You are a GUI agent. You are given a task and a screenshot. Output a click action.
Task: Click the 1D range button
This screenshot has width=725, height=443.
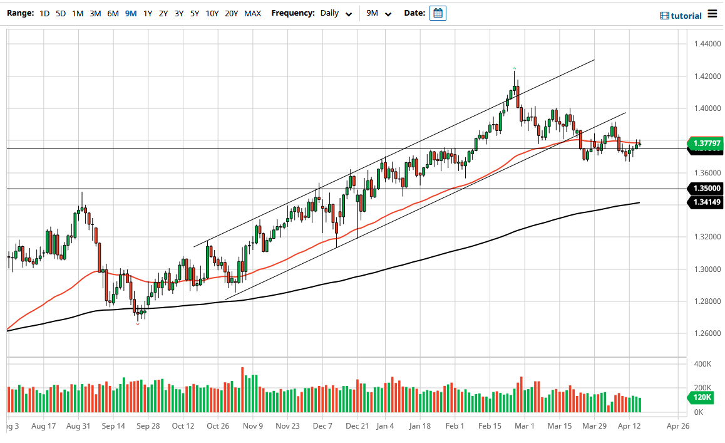click(44, 13)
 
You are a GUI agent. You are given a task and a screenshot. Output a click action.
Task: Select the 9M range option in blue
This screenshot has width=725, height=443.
click(130, 13)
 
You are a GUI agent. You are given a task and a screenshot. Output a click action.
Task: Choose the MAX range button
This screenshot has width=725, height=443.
click(253, 13)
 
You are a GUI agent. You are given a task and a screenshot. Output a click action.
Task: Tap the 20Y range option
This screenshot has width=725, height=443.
click(231, 13)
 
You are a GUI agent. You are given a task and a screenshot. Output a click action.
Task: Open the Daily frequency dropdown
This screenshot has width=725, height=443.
click(336, 13)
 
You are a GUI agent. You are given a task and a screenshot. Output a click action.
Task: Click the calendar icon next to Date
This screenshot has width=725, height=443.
click(438, 13)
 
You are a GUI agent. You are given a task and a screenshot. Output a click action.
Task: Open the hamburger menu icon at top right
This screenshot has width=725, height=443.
click(712, 13)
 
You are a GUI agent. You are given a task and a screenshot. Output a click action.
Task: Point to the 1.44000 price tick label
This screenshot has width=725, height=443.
click(706, 44)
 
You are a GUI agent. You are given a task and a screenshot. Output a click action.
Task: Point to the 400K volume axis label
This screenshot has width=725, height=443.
click(703, 364)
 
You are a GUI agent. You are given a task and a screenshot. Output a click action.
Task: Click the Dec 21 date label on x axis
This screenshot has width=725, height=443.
click(357, 425)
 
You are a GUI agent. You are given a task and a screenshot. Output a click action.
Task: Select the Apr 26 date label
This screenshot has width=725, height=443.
click(677, 425)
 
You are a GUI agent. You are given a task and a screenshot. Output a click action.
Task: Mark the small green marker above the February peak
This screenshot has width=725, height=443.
click(514, 68)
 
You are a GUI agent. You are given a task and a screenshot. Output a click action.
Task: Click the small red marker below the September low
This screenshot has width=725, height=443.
click(138, 324)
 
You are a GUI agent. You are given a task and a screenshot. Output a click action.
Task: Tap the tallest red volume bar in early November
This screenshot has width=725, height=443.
click(242, 389)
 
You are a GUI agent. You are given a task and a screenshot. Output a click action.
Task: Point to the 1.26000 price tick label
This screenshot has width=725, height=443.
click(706, 333)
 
